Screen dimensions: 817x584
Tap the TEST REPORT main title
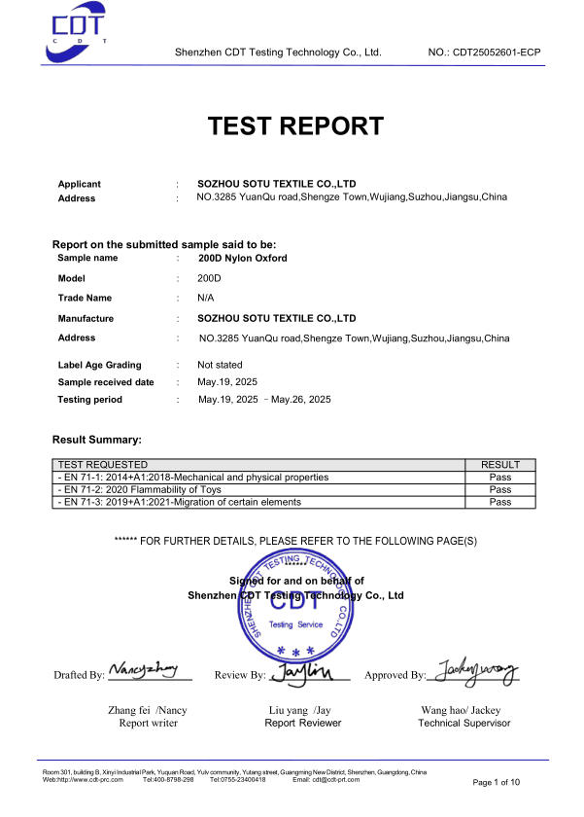296,125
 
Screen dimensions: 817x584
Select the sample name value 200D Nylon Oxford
242,259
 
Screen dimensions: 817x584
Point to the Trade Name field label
85,298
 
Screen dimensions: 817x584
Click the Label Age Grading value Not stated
220,365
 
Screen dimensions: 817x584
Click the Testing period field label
90,400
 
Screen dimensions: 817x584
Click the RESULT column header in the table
500,465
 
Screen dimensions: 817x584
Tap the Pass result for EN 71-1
500,478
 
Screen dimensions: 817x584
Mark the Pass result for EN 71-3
500,502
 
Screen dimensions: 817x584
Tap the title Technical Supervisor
464,723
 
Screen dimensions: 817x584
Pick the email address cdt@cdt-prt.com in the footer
332,779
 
